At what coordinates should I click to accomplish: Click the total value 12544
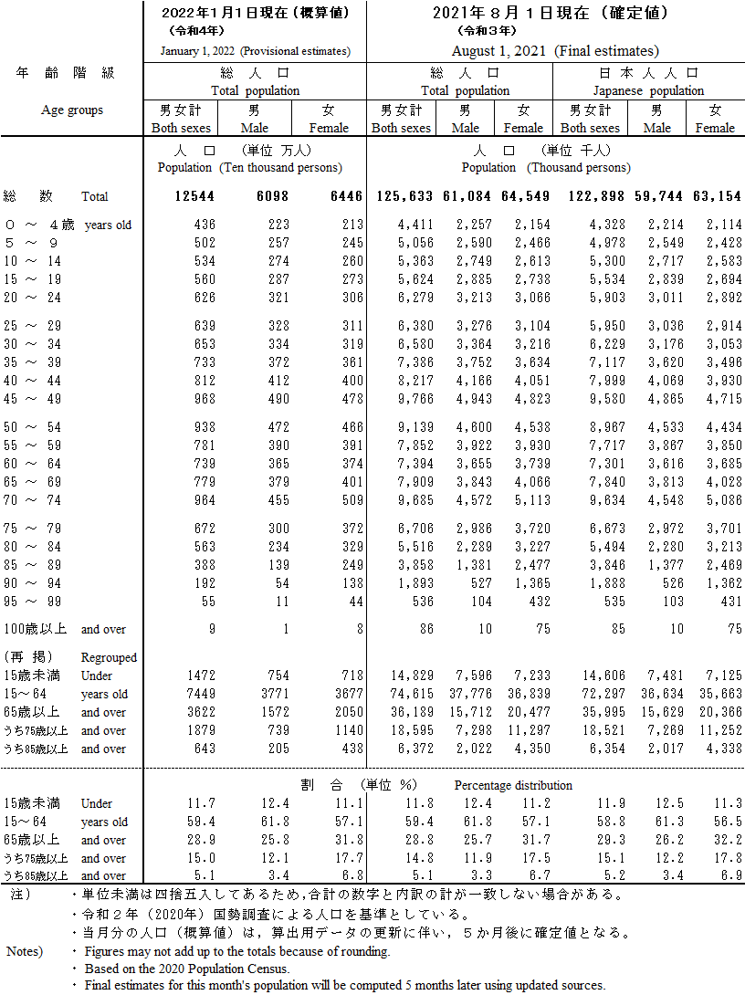coord(196,196)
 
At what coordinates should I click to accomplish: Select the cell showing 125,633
coord(402,196)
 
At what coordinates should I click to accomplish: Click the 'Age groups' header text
coord(72,110)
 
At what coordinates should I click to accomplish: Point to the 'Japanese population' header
coord(648,90)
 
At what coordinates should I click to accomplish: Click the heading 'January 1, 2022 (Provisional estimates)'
coord(255,51)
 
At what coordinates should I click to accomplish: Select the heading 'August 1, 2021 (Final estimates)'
coord(555,51)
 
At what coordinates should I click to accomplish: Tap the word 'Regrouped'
coord(109,657)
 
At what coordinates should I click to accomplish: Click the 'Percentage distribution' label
coord(513,785)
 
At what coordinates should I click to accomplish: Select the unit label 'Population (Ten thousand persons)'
coord(249,167)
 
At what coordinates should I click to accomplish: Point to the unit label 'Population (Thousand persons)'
coord(545,167)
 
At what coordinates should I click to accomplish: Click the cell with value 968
coord(204,399)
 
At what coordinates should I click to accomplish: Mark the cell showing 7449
coord(200,694)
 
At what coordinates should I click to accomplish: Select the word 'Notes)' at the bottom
coord(25,951)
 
